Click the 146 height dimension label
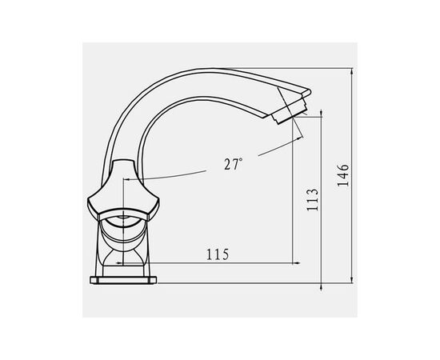[x=343, y=175]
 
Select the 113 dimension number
[x=312, y=199]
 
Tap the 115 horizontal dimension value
[x=218, y=254]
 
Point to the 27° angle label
[x=233, y=164]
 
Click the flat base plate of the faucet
[x=123, y=280]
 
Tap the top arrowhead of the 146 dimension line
[x=352, y=71]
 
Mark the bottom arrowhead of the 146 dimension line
[x=352, y=280]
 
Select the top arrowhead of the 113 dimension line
[x=322, y=113]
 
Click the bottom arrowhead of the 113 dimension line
[x=322, y=288]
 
